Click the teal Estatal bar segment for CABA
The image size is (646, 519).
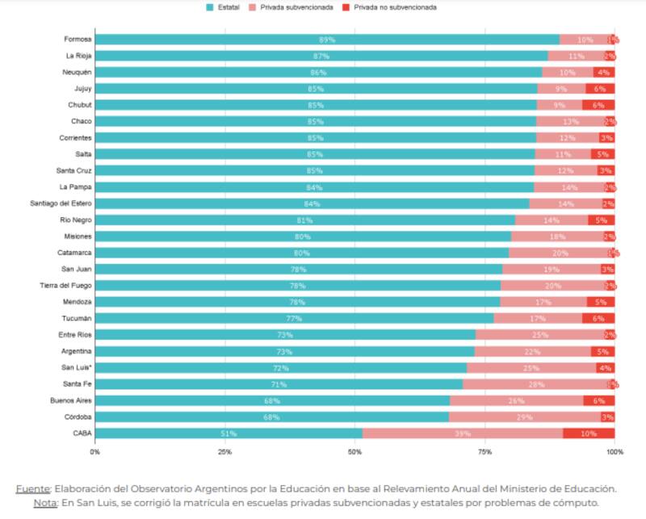pos(229,433)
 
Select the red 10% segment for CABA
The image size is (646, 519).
pos(589,433)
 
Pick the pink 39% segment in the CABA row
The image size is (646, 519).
pos(463,433)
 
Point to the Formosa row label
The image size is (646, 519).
pos(78,39)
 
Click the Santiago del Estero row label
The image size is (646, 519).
pos(61,203)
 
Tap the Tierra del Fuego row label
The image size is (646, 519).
pos(66,286)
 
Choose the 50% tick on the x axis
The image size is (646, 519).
pos(354,452)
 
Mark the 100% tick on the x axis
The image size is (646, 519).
pos(614,452)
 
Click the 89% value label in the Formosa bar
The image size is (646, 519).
pos(327,40)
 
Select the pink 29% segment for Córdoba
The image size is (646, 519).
pos(524,417)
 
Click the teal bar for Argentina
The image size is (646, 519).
pos(284,351)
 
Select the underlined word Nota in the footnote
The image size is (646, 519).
pos(46,502)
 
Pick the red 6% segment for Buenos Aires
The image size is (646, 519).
pos(598,400)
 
